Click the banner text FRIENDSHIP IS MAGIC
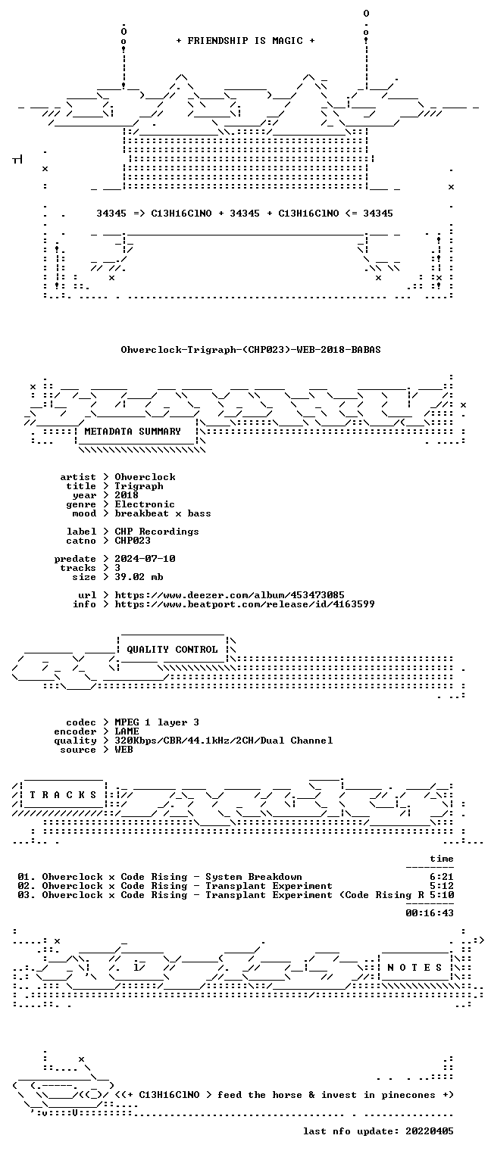tap(245, 41)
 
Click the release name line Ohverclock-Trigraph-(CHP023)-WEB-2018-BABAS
tap(251, 350)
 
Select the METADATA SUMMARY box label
tap(133, 432)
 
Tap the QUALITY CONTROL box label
tap(172, 650)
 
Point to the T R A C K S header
tap(63, 795)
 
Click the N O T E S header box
tap(414, 968)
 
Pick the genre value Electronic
tap(145, 504)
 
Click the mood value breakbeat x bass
tap(162, 513)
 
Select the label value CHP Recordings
tap(156, 532)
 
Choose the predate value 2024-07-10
tap(145, 559)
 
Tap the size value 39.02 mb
tap(139, 577)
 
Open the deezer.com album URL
tap(230, 595)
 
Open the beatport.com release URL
tap(245, 604)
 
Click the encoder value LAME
tap(127, 731)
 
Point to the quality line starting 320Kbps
tap(224, 741)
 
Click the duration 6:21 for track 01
tap(442, 877)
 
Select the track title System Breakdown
tap(254, 878)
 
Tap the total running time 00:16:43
tap(430, 913)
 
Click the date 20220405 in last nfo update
tap(430, 1131)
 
